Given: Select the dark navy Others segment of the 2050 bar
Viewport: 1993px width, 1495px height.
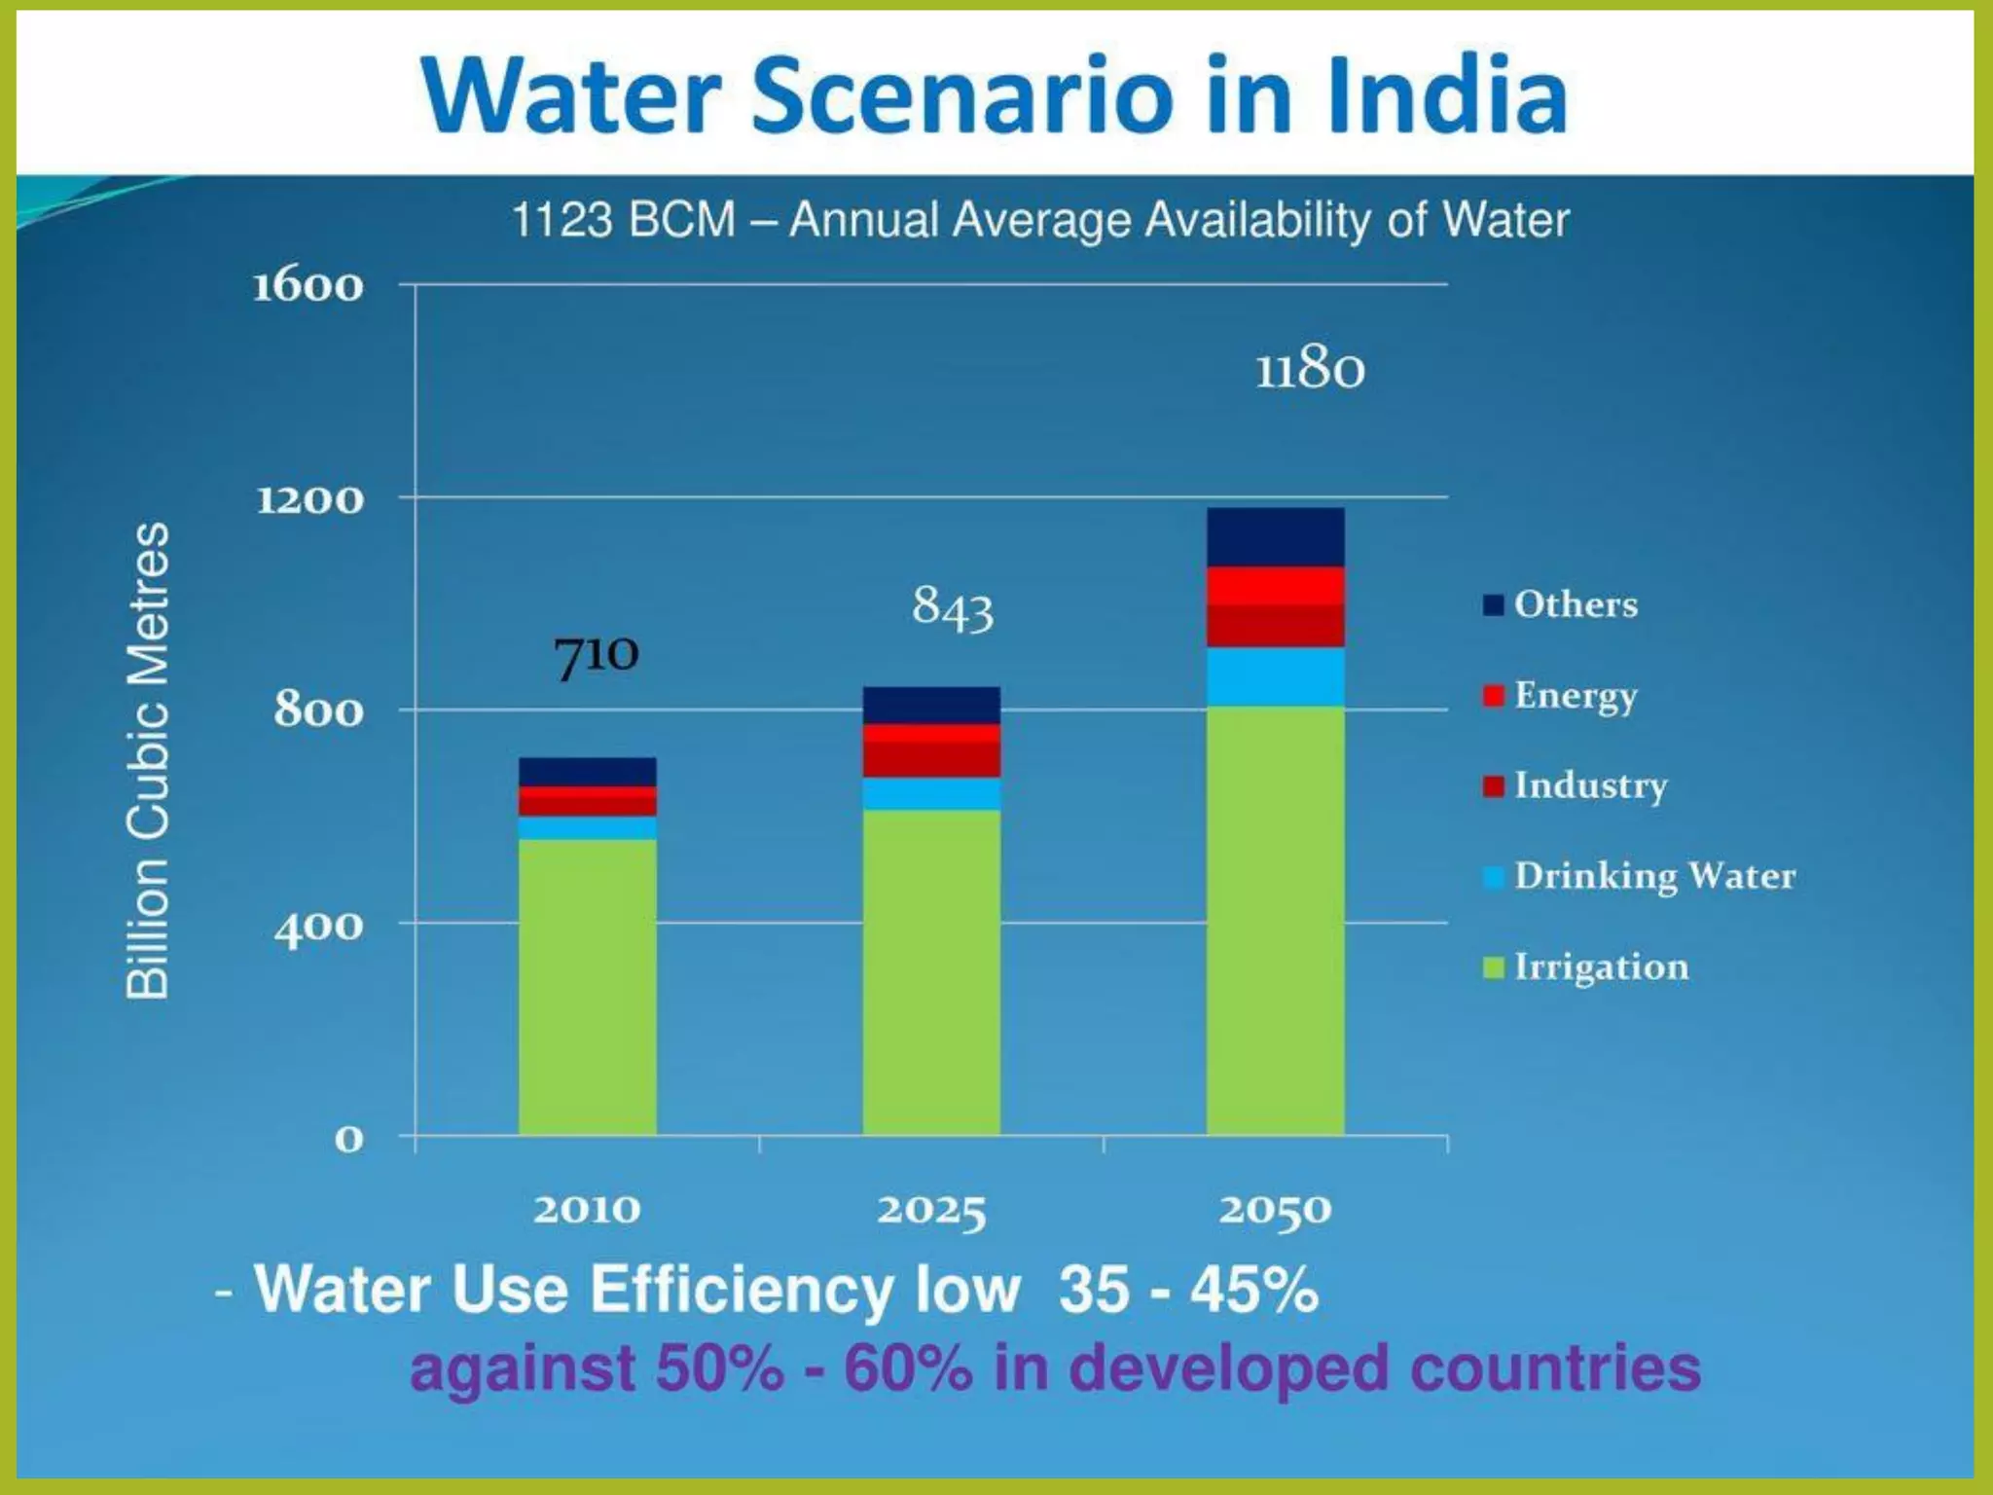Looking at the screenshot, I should tap(1275, 537).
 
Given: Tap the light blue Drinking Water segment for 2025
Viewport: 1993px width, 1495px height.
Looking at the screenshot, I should tap(931, 793).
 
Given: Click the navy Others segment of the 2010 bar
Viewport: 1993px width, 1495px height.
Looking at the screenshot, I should tap(587, 772).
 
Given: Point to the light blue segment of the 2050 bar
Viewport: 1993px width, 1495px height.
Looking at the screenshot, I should tap(1275, 676).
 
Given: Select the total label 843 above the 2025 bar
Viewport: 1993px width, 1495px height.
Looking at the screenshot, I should tap(952, 608).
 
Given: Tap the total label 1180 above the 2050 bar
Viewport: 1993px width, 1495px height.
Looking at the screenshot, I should tap(1309, 370).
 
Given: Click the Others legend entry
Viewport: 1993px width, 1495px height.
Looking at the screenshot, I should tap(1575, 604).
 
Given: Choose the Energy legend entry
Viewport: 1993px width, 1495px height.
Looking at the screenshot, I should tap(1575, 695).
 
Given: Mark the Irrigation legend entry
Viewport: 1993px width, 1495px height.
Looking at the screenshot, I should tap(1600, 966).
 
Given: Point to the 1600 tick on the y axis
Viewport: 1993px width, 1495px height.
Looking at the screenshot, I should tap(308, 286).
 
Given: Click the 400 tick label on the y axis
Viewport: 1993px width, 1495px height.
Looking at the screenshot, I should tap(318, 928).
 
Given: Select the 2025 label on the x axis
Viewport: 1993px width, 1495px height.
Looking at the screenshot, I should tap(931, 1211).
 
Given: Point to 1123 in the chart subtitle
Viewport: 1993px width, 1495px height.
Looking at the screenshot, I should tap(562, 220).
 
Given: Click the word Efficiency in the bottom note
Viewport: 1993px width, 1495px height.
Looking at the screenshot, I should tap(742, 1290).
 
